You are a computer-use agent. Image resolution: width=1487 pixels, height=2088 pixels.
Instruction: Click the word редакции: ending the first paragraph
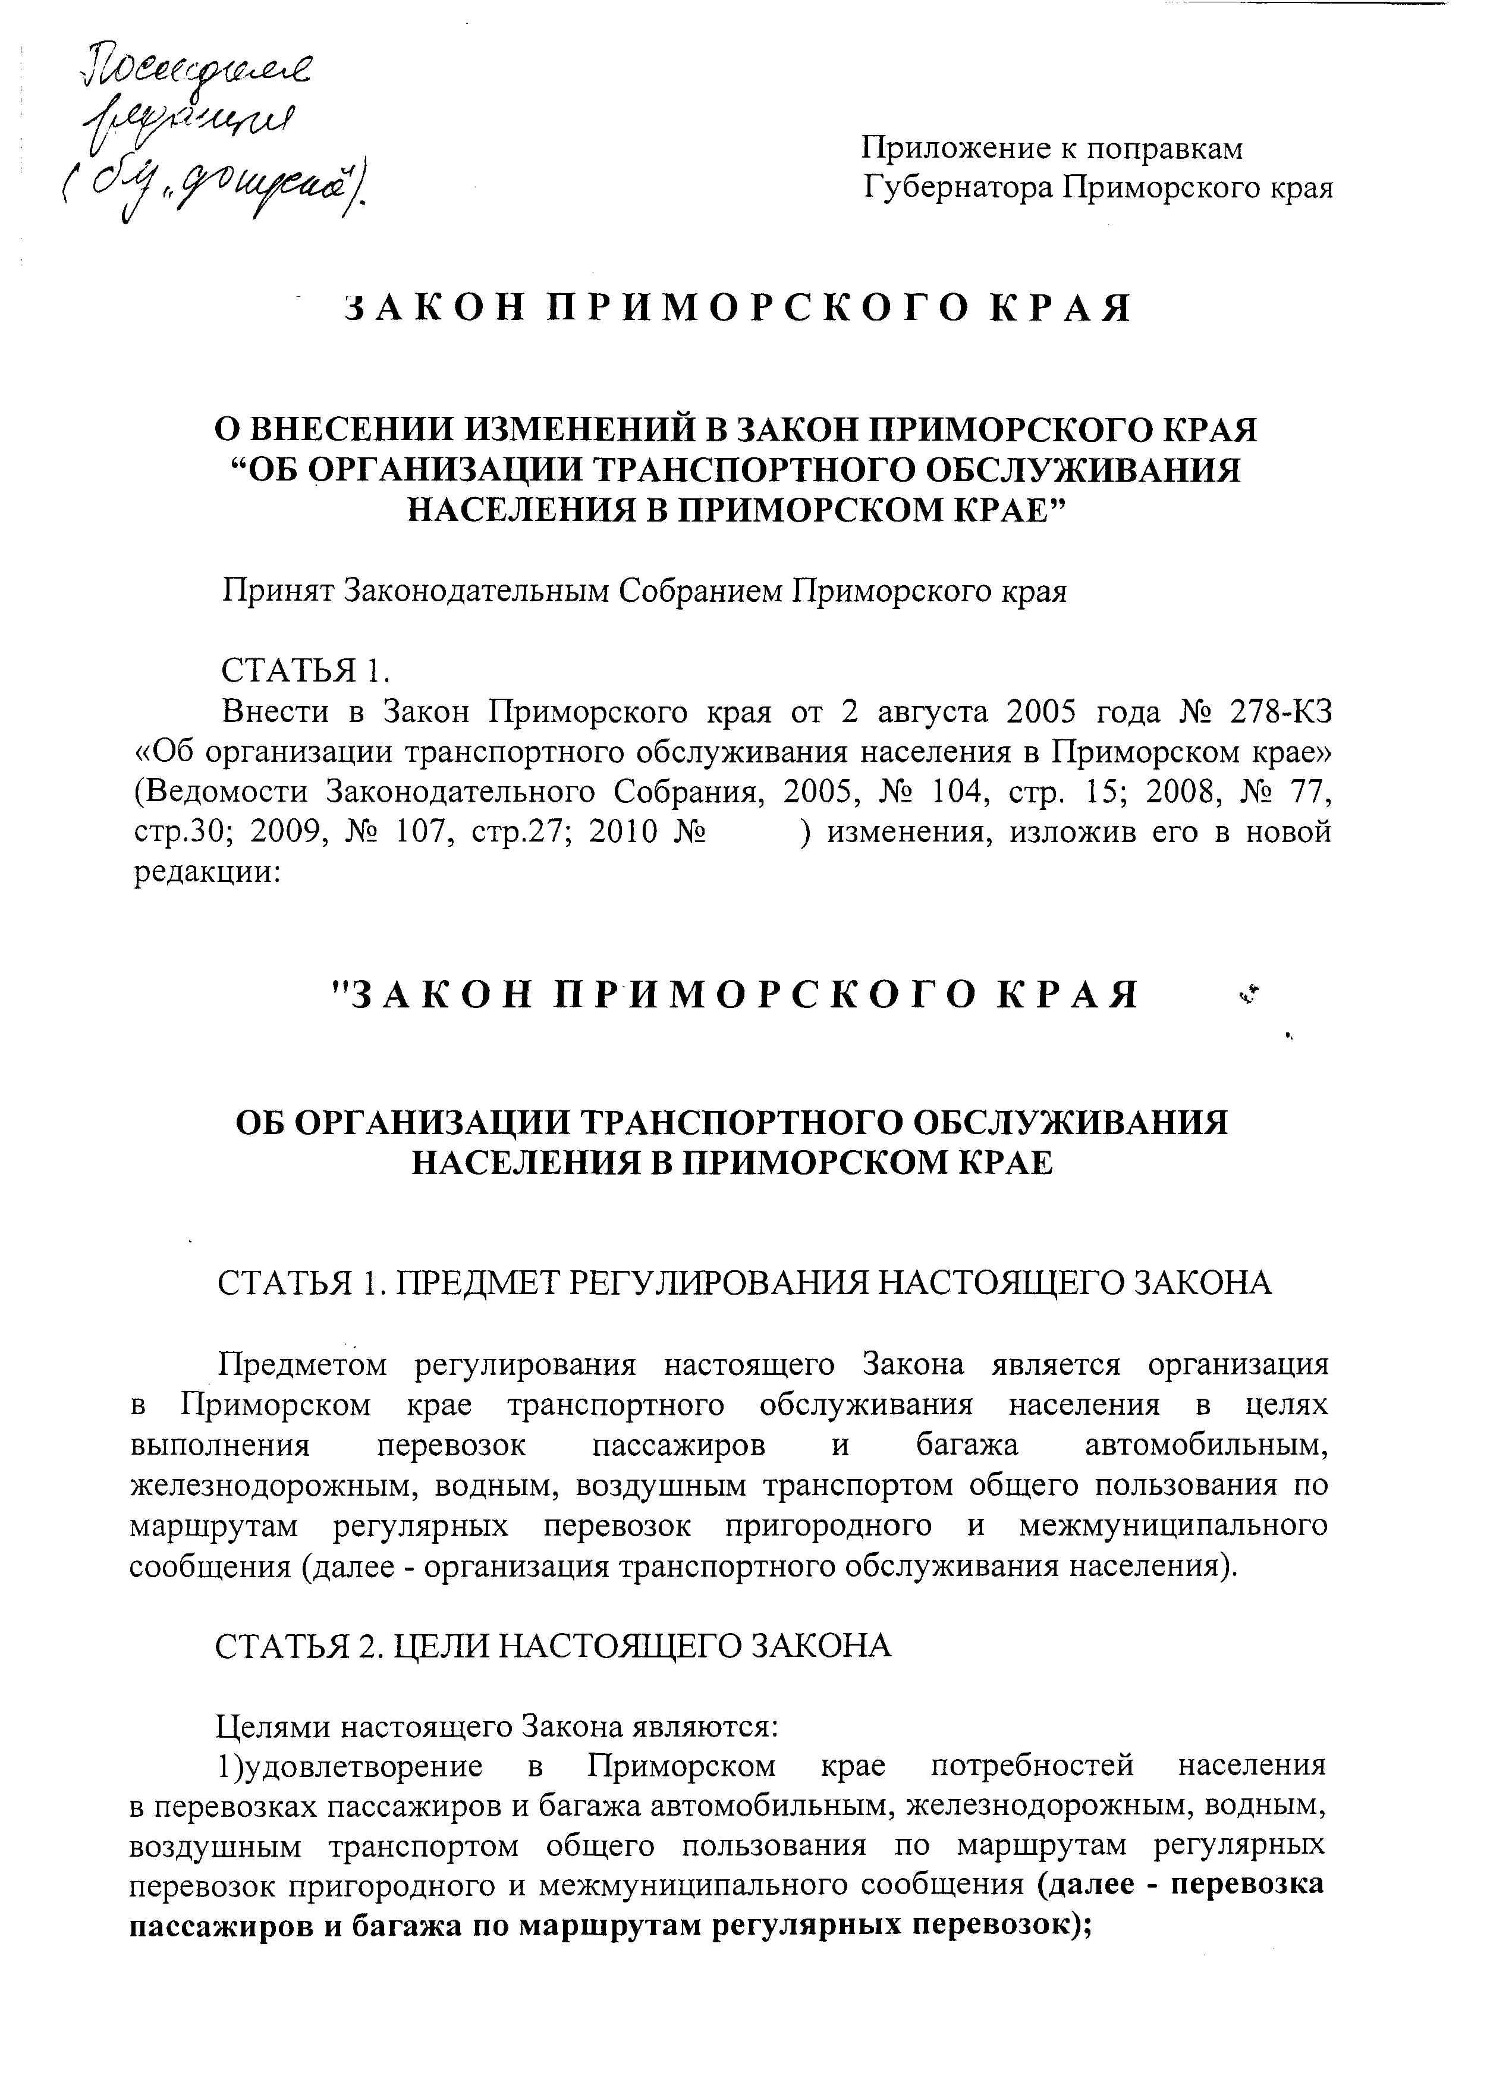(x=209, y=872)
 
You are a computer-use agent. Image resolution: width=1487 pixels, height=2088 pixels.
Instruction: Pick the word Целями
(x=272, y=1727)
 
